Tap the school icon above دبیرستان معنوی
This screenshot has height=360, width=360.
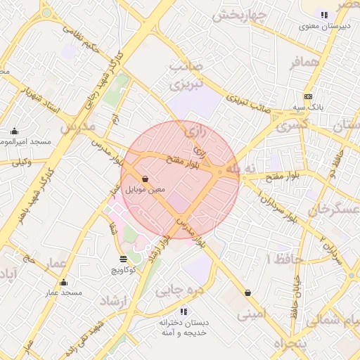click(x=324, y=14)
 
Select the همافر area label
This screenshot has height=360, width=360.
click(x=304, y=63)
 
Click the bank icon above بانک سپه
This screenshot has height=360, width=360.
click(x=308, y=96)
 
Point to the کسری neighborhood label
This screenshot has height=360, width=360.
click(x=292, y=126)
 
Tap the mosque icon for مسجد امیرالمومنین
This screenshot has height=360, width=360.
click(x=14, y=131)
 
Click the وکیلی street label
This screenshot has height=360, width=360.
click(x=22, y=162)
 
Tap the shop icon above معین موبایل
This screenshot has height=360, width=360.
click(x=145, y=179)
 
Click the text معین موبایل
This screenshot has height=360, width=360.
click(x=145, y=190)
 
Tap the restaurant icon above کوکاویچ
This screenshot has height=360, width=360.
click(x=124, y=259)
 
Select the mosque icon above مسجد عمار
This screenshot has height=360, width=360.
click(x=64, y=281)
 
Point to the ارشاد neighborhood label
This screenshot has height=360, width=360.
click(x=112, y=300)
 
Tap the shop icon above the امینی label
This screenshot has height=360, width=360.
click(x=247, y=292)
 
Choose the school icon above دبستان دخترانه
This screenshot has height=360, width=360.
click(x=184, y=311)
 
